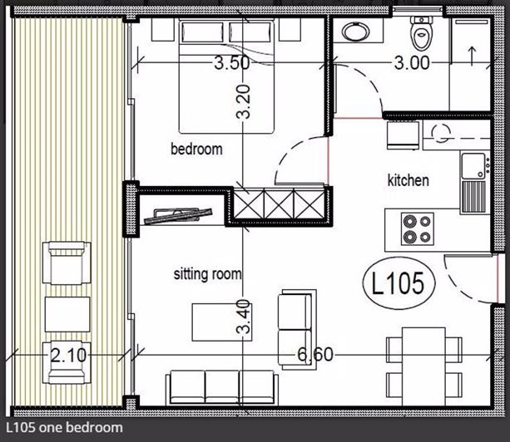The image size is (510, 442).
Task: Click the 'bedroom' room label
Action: click(x=196, y=150)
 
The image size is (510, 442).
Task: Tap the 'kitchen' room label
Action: click(x=408, y=180)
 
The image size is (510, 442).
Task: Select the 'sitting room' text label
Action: click(x=207, y=273)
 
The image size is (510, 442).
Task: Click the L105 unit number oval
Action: click(x=399, y=284)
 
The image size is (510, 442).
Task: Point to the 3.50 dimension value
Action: click(x=231, y=62)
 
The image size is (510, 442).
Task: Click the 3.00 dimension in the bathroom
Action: click(x=412, y=62)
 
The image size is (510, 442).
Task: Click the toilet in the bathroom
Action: click(x=422, y=33)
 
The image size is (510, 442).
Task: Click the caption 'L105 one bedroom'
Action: click(x=63, y=428)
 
